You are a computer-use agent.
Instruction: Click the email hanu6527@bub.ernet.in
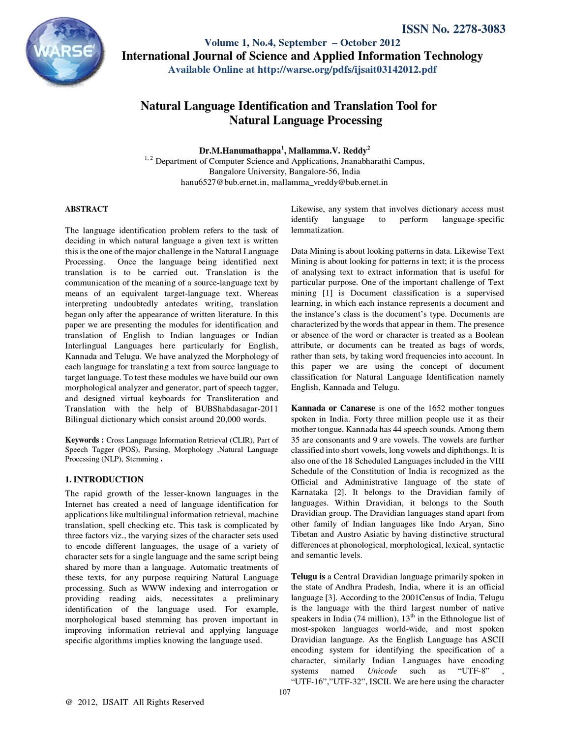pyautogui.click(x=224, y=182)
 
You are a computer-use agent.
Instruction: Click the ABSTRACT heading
pyautogui.click(x=87, y=209)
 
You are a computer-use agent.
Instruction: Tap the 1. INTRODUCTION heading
pyautogui.click(x=104, y=479)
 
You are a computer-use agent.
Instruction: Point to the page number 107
pyautogui.click(x=285, y=692)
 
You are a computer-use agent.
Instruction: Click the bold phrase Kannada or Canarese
pyautogui.click(x=333, y=408)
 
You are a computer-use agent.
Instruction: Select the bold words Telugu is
pyautogui.click(x=308, y=576)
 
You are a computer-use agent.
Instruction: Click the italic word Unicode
pyautogui.click(x=382, y=671)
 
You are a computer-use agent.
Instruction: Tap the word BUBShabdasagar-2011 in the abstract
pyautogui.click(x=237, y=409)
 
